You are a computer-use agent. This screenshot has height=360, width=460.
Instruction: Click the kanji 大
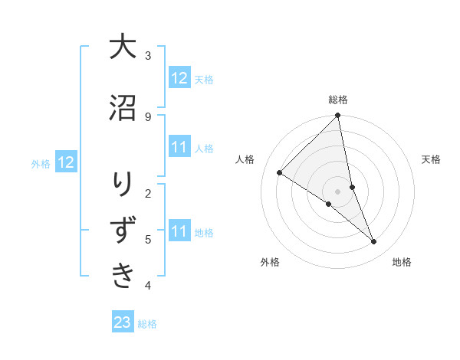(123, 47)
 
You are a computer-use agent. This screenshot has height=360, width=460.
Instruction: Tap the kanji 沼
(123, 108)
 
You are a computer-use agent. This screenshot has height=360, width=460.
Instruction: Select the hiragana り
(123, 185)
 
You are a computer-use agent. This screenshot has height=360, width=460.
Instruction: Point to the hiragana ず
(123, 231)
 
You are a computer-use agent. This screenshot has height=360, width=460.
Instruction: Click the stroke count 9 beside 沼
(147, 116)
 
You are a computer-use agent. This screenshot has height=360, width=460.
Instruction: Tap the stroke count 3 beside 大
(147, 55)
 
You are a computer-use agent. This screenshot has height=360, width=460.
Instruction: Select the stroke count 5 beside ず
(147, 239)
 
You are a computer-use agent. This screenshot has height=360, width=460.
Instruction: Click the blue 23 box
(123, 322)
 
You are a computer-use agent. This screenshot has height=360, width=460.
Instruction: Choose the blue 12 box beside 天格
(179, 78)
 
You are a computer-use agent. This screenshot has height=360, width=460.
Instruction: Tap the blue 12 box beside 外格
(66, 162)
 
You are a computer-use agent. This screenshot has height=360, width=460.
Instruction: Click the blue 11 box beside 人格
(179, 147)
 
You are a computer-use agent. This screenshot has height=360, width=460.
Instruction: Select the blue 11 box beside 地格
(179, 231)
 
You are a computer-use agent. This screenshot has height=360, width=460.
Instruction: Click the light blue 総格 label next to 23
(147, 324)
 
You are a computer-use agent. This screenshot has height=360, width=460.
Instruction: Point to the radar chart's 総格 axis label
(338, 100)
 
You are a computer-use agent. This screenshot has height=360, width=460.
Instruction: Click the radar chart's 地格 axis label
(402, 262)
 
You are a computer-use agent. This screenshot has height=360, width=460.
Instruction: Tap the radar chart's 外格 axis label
(270, 262)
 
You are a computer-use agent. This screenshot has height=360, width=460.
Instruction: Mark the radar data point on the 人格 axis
(280, 173)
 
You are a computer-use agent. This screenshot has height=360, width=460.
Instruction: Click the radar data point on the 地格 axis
(374, 242)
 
